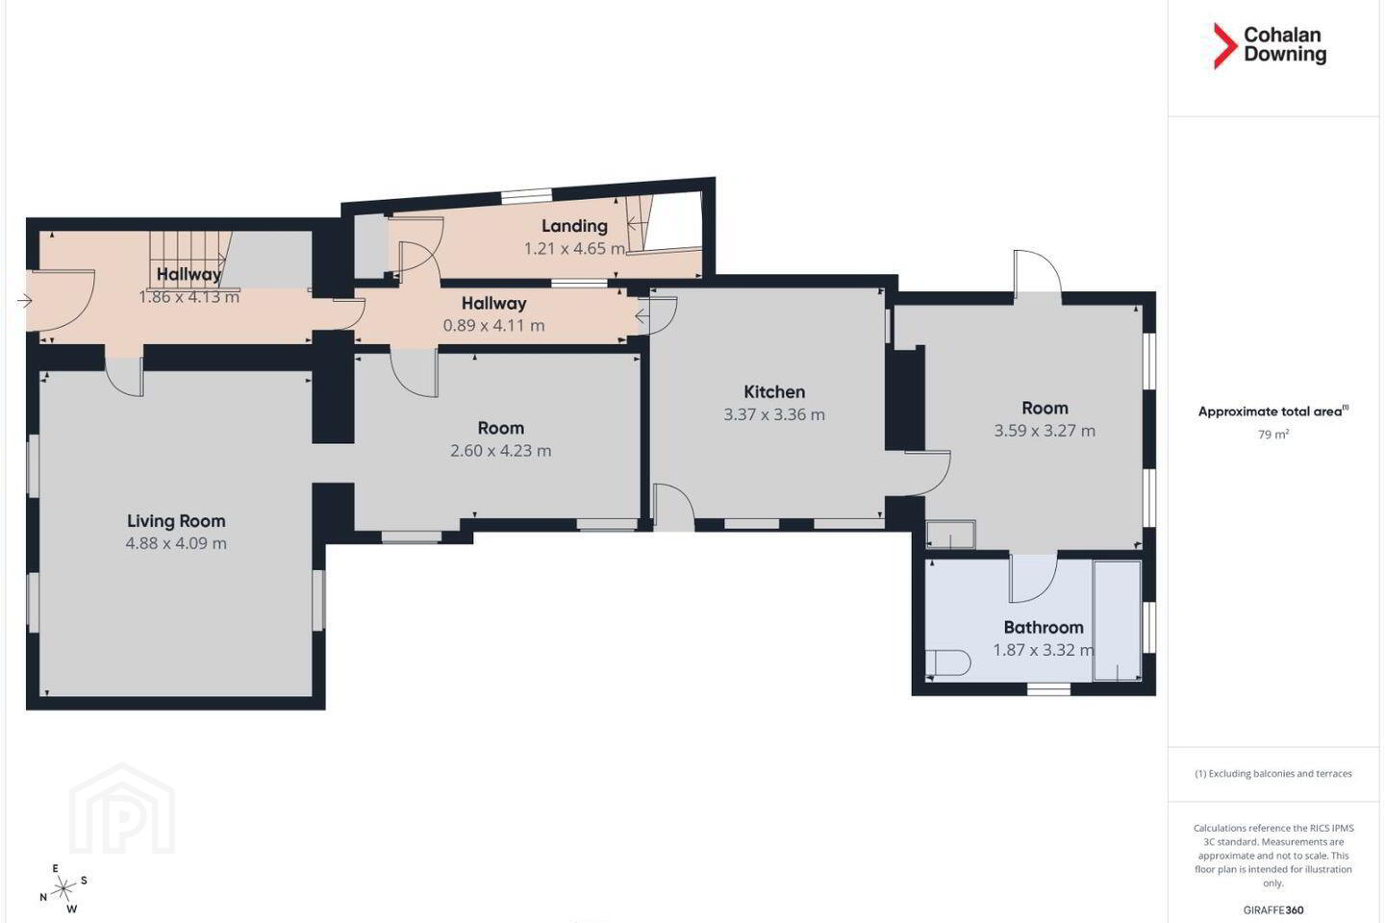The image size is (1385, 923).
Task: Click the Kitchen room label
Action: tap(774, 392)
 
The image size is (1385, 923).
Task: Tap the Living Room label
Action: tap(176, 521)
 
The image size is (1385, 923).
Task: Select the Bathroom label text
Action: tap(1044, 628)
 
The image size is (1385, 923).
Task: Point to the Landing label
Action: tap(574, 226)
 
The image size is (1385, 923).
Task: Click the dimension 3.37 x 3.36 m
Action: tap(774, 414)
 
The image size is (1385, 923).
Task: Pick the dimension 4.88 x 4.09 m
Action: tap(176, 543)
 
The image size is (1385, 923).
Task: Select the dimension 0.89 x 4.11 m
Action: tap(494, 325)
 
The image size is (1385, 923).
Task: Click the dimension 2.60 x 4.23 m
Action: tap(501, 451)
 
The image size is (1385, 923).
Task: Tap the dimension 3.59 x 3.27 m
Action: tap(1045, 431)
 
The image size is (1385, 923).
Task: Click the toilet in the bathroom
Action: tap(948, 663)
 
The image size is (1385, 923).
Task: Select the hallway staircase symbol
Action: tap(189, 260)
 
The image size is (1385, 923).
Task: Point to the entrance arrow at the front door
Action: tap(25, 301)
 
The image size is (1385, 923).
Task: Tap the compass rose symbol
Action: tap(63, 889)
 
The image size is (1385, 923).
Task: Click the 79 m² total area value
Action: tap(1273, 435)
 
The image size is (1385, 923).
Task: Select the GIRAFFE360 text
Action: tap(1273, 910)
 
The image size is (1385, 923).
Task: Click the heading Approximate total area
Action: tap(1273, 412)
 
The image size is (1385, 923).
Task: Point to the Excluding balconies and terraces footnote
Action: tap(1273, 773)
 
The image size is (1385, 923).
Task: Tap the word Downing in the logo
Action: tap(1285, 55)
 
